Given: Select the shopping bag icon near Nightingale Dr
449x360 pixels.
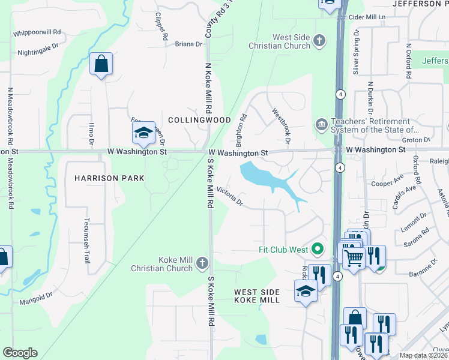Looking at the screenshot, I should pos(101,63).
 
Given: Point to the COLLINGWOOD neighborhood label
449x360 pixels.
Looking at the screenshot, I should pos(199,120).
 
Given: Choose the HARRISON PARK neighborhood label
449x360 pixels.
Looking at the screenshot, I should pos(109,178).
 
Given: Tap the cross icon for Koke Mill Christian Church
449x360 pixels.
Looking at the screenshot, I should pos(202,263).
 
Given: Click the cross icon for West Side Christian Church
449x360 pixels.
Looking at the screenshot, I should pos(319,41).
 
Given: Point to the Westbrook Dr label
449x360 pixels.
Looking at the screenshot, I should pos(281,125).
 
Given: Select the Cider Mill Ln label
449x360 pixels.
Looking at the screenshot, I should pos(366,18).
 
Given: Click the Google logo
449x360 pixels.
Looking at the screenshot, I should pos(20,353).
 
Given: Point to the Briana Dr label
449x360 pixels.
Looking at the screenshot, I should pos(188,44).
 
